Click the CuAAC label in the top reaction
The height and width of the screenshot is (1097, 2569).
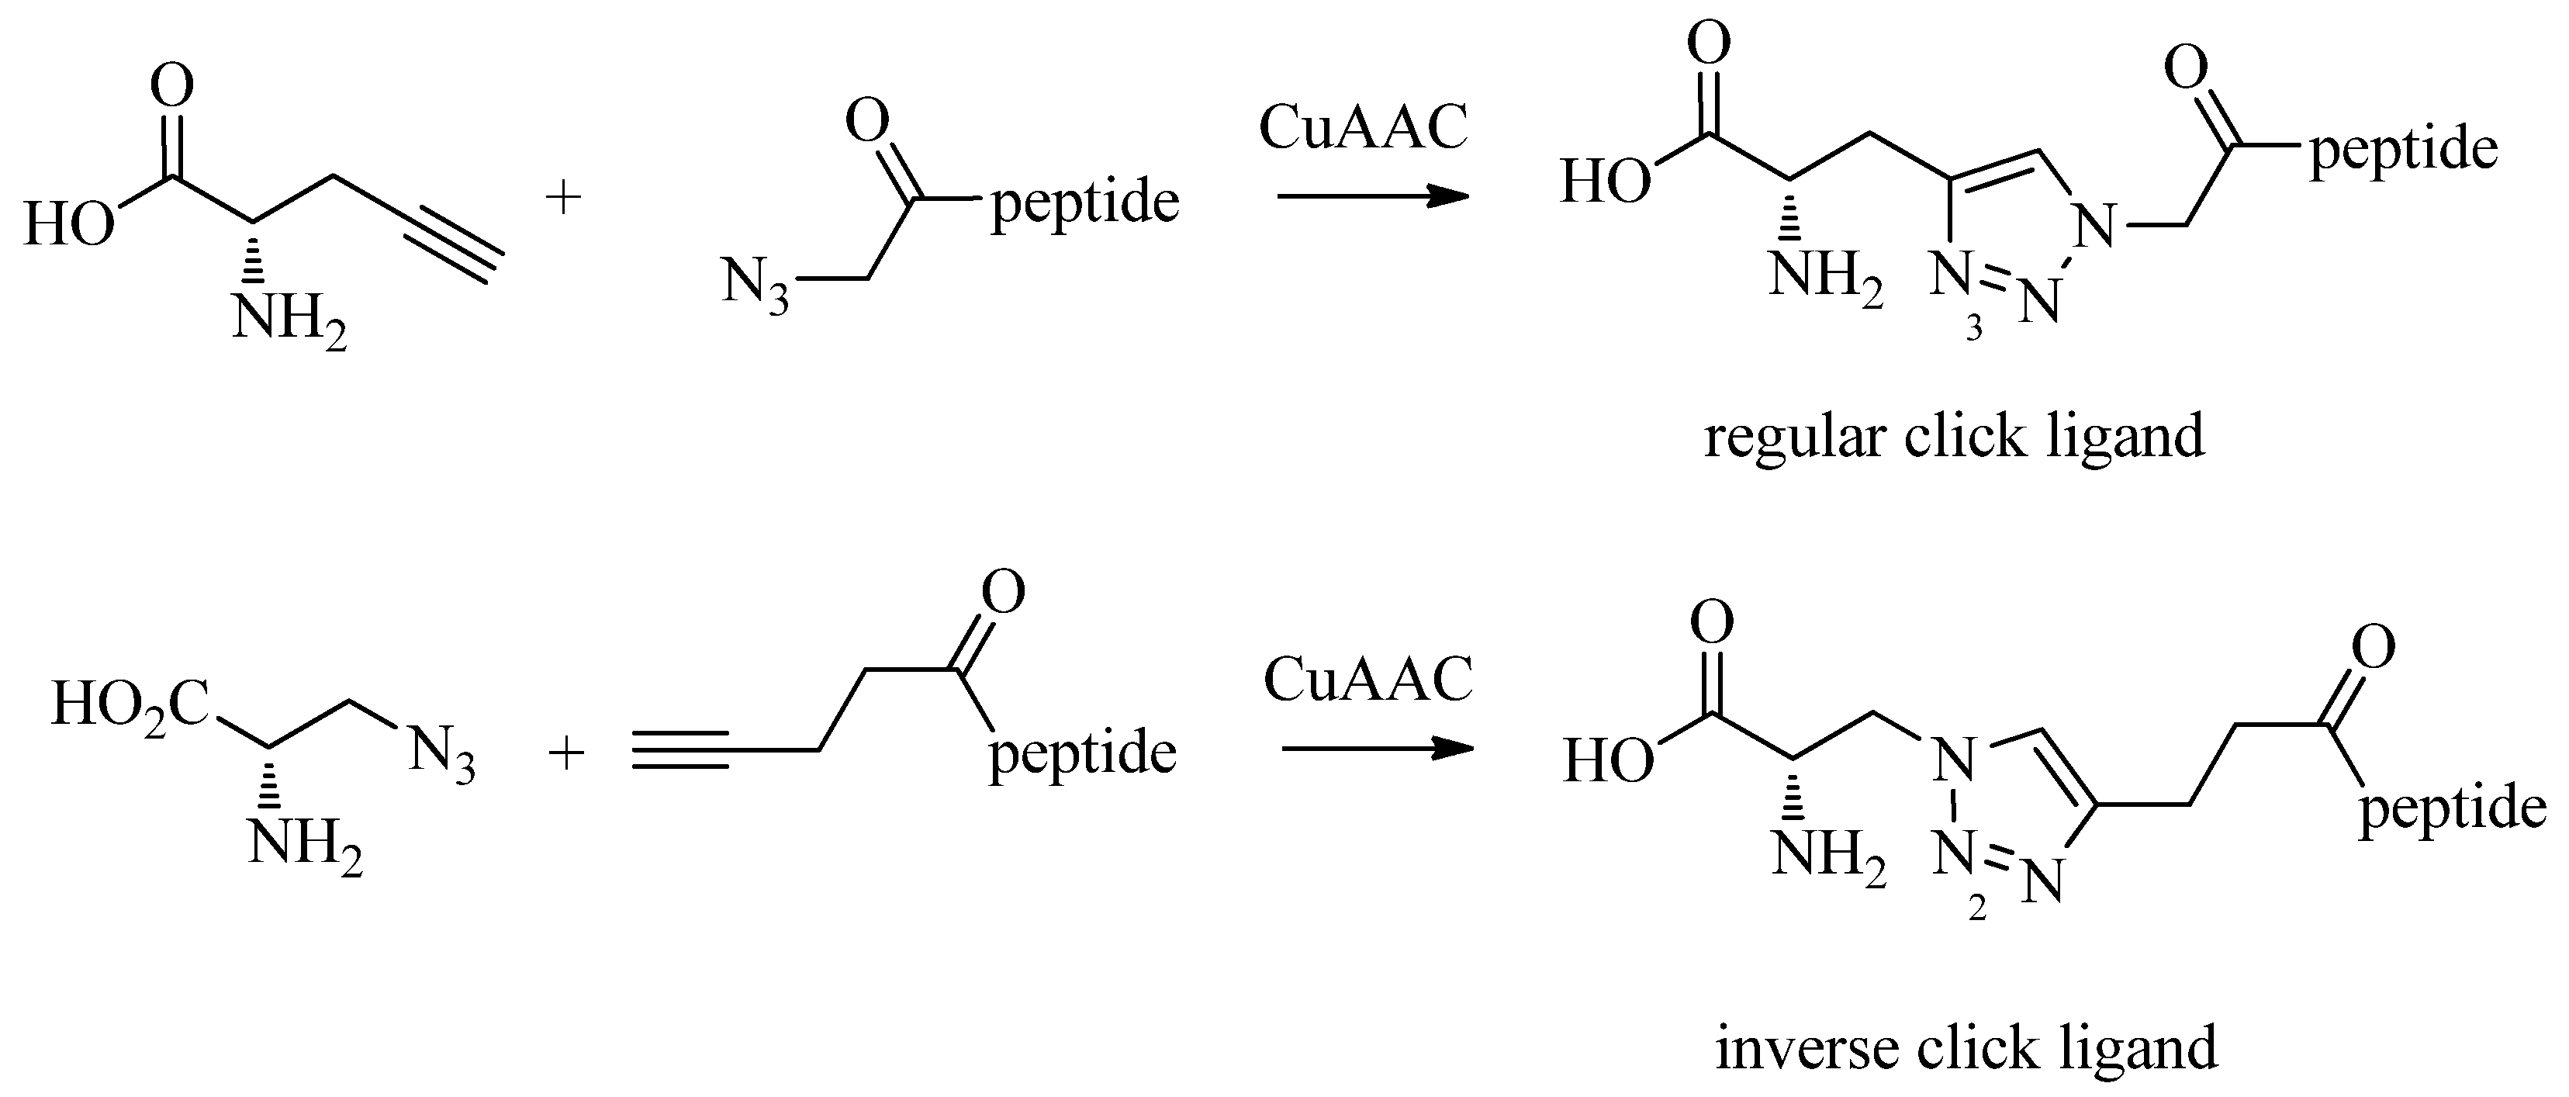tap(1364, 128)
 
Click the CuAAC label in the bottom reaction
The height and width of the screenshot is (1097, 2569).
tap(1367, 680)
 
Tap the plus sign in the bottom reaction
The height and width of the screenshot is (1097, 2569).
tap(566, 753)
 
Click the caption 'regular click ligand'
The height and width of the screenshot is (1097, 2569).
tap(1954, 437)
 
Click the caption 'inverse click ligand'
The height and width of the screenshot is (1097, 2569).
tap(1966, 1047)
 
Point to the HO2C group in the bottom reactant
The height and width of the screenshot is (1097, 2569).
tap(130, 705)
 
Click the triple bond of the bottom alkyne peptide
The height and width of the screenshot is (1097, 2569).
tap(682, 750)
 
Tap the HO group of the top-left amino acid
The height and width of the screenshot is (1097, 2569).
tap(69, 223)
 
